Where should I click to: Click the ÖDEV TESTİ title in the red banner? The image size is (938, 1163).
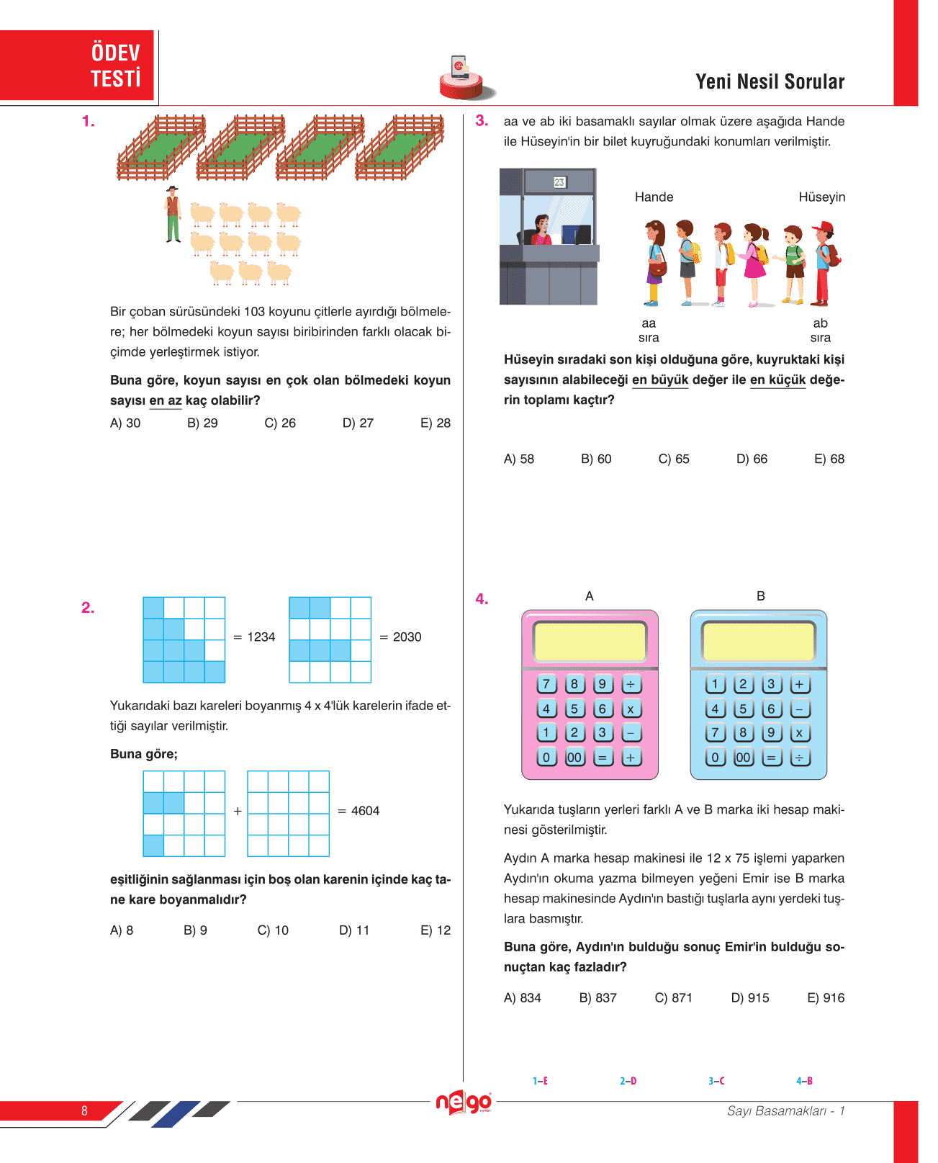tap(115, 66)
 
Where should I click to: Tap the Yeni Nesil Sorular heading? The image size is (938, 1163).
tap(770, 82)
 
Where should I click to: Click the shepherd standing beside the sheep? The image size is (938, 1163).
tap(172, 215)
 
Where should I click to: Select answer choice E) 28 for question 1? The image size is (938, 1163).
tap(436, 423)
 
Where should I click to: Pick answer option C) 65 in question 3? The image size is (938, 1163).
tap(674, 459)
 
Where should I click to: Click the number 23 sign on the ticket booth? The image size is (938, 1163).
tap(559, 182)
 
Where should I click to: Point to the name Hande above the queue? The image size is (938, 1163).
tap(654, 197)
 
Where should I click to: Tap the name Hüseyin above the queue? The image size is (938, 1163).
tap(821, 197)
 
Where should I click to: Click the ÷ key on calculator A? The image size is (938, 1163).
tap(631, 684)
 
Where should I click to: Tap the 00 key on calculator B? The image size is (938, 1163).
tap(743, 758)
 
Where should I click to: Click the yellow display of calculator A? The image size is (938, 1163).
tap(590, 641)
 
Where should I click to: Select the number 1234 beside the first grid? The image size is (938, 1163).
tap(261, 637)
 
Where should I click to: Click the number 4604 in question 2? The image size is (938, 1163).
tap(365, 811)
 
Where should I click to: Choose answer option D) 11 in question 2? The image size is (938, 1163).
tap(354, 930)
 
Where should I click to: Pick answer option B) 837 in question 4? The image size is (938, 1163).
tap(598, 998)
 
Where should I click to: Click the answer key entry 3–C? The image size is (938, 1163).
tap(716, 1081)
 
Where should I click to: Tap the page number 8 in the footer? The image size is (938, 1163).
tap(84, 1110)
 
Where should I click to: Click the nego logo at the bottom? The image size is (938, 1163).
tap(464, 1103)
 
